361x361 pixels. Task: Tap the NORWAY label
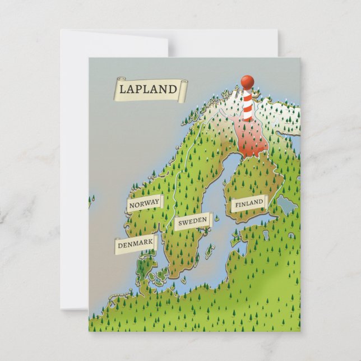144,203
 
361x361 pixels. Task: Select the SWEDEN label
192,221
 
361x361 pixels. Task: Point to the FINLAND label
248,202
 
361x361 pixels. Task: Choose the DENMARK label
136,244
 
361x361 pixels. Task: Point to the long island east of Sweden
210,251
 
